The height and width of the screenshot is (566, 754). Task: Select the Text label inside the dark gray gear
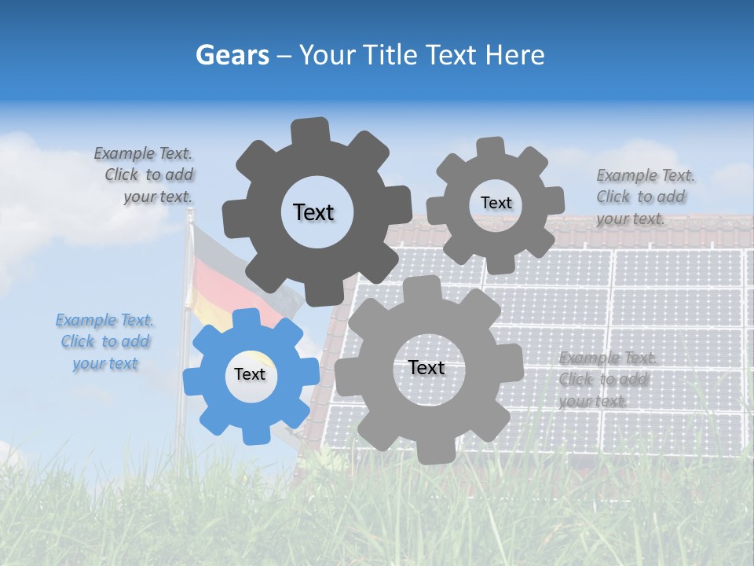[313, 212]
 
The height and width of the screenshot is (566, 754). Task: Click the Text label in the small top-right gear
[496, 203]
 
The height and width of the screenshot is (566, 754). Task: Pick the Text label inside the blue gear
[250, 375]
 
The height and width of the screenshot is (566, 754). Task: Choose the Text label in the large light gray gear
[426, 368]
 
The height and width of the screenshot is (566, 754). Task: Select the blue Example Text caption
[104, 342]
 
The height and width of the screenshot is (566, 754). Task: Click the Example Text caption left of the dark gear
[145, 175]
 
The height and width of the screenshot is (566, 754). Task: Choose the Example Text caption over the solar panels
[606, 380]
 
